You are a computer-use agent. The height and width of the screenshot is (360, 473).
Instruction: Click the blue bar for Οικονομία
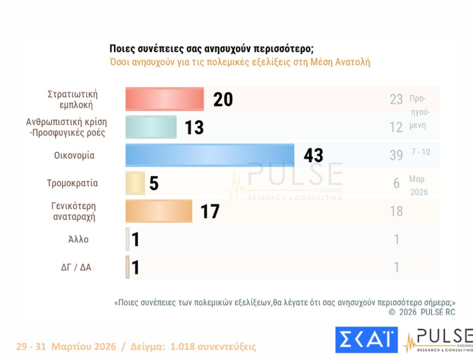(210, 155)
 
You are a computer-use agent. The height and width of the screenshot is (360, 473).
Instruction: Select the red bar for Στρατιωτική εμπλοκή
(164, 99)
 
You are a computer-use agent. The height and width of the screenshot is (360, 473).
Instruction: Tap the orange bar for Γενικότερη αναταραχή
(159, 211)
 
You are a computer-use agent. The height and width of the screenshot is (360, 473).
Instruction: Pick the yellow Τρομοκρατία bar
(135, 183)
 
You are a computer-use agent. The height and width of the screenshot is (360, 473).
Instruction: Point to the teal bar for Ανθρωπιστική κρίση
(151, 127)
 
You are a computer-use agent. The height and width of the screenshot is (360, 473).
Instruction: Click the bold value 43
(313, 156)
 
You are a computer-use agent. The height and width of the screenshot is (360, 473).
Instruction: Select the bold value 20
(223, 99)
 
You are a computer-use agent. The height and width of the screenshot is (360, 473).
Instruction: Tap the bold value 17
(210, 211)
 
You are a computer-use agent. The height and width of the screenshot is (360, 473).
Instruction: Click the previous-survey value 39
(396, 155)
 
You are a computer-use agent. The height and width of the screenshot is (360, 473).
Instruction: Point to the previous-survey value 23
(396, 99)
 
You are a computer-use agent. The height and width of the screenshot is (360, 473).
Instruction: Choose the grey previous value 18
(396, 211)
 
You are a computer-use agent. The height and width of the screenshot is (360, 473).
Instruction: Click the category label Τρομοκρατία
(73, 183)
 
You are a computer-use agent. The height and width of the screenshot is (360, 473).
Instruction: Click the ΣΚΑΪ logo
(366, 340)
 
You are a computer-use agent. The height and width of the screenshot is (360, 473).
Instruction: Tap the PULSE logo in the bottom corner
(438, 340)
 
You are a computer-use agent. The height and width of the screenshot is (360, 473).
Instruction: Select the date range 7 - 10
(420, 152)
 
